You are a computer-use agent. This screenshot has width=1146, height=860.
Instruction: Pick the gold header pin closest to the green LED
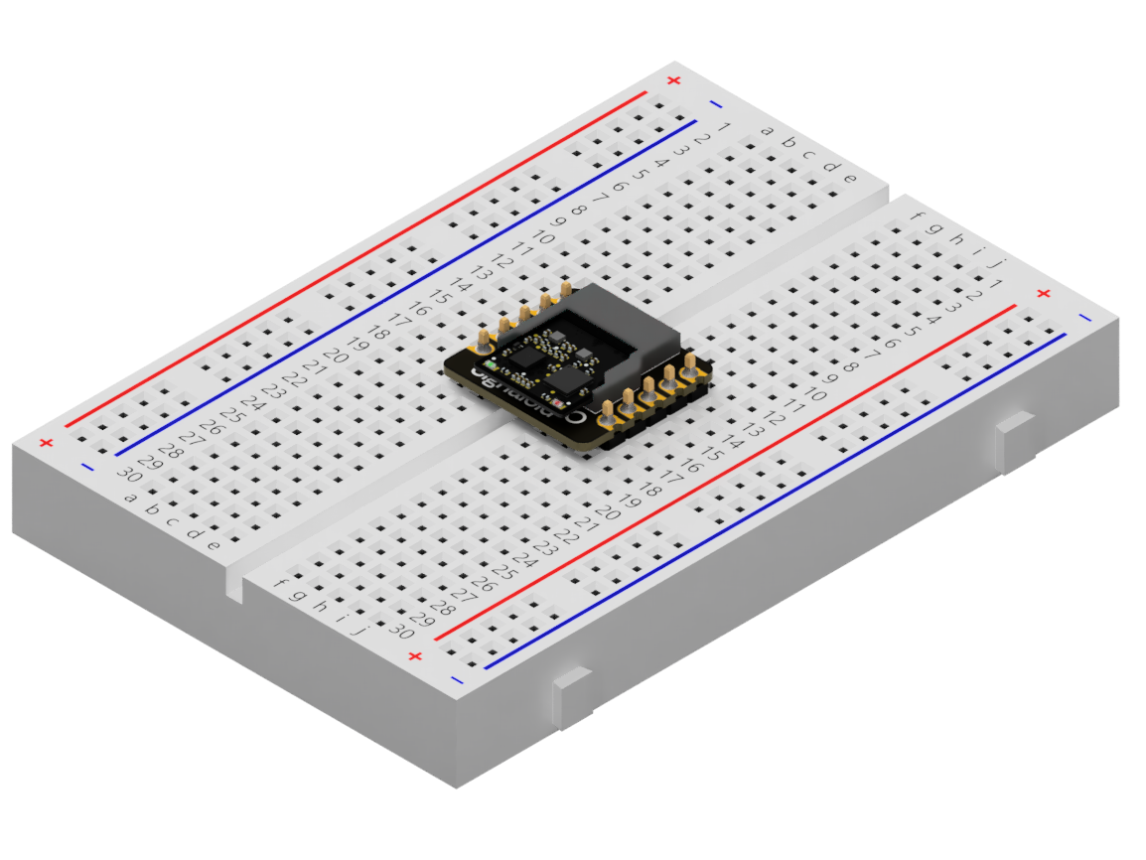(483, 342)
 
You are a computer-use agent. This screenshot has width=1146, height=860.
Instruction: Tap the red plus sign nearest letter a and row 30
(45, 443)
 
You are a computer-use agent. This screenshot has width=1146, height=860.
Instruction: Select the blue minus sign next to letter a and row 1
(716, 103)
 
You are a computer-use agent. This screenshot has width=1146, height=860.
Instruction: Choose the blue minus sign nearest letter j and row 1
(1083, 317)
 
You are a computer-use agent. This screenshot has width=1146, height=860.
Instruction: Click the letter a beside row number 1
(767, 129)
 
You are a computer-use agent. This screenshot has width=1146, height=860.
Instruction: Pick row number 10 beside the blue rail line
(542, 237)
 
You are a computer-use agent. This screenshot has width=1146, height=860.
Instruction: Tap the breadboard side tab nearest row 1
(1015, 443)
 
